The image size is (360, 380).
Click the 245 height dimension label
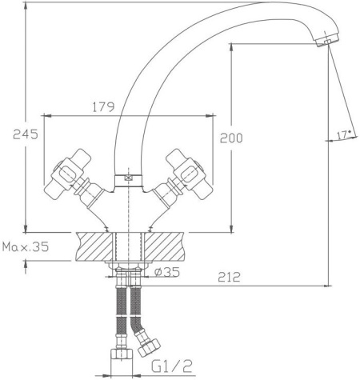pyautogui.click(x=26, y=134)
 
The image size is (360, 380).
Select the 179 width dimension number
pyautogui.click(x=103, y=107)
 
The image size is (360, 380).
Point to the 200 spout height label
pyautogui.click(x=231, y=138)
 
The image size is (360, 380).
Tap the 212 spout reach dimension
pyautogui.click(x=229, y=277)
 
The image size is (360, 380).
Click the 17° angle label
pyautogui.click(x=343, y=135)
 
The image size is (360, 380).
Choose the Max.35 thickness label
pyautogui.click(x=26, y=246)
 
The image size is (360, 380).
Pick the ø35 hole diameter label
pyautogui.click(x=167, y=272)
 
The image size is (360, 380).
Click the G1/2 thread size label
pyautogui.click(x=172, y=366)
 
